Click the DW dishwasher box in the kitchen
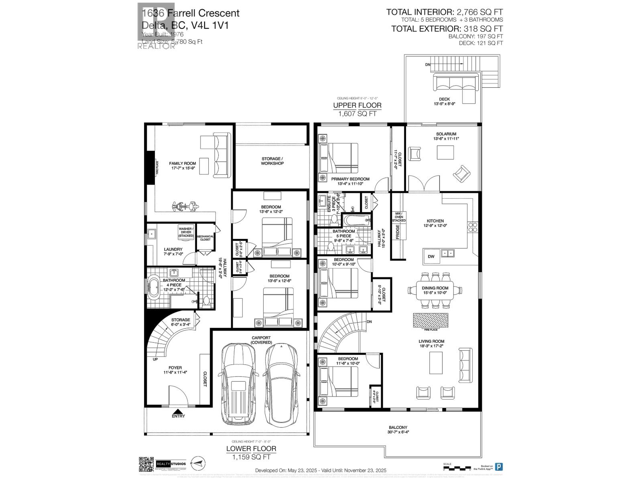point(431,257)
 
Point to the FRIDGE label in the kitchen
point(398,232)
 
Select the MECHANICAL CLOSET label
point(205,238)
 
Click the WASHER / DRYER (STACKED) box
point(186,232)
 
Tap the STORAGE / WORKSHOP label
point(272,161)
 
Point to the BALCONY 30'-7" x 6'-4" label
point(398,430)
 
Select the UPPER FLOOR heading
point(357,105)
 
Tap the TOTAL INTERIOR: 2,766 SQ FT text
point(444,12)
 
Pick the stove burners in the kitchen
point(472,227)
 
